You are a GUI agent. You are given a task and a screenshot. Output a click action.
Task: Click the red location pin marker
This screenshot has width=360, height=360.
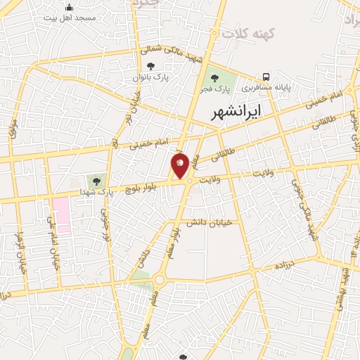click(180, 165)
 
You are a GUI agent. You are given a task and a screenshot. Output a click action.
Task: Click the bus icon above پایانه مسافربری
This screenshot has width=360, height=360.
click(266, 77)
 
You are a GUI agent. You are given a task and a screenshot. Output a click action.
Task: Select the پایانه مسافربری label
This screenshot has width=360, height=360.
click(266, 89)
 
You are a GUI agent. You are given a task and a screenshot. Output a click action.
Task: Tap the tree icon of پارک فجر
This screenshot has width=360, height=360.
click(214, 78)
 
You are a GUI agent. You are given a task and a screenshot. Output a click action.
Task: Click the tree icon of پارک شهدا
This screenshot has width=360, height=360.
click(96, 181)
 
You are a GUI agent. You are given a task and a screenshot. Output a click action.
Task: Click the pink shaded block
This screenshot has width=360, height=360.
click(61, 214)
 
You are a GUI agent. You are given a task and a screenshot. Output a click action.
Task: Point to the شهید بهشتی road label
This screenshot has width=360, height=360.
click(345, 288)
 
